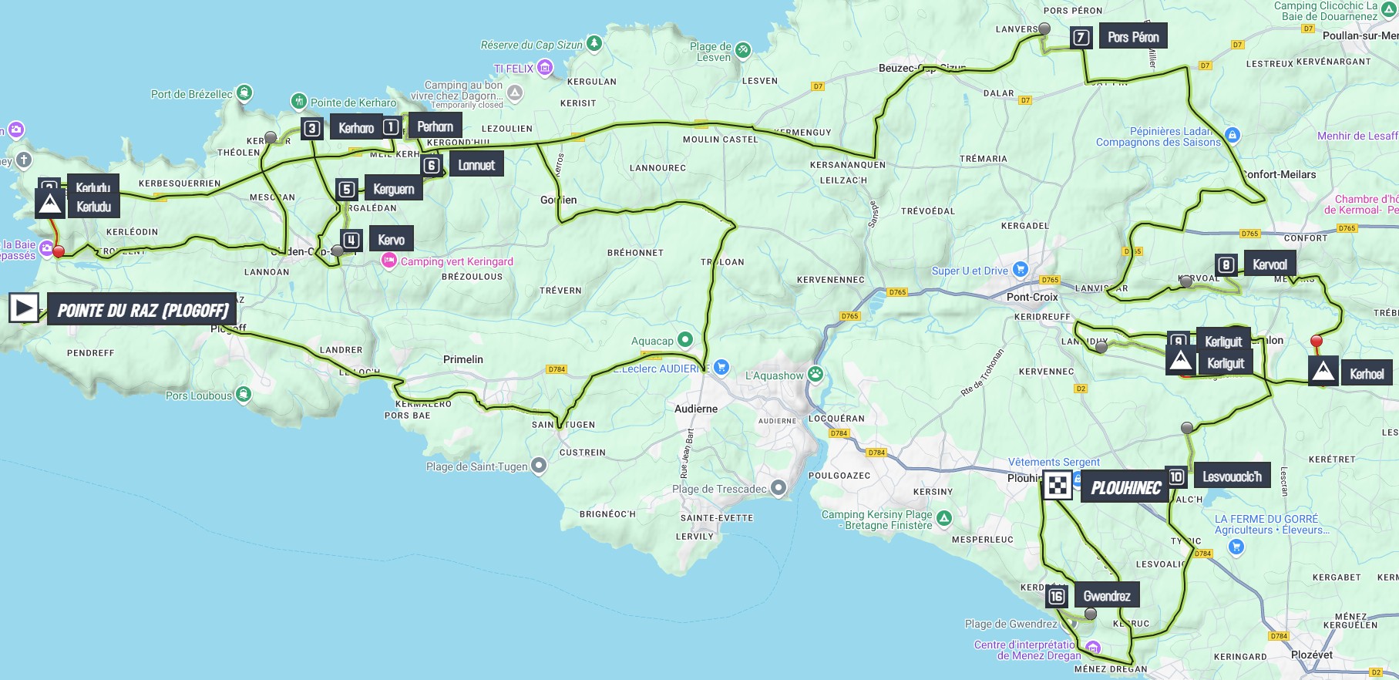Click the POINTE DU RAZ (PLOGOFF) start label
coord(143,310)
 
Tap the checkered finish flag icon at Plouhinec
coord(1058,486)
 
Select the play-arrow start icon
coord(24,308)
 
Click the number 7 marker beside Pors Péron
coord(1081,37)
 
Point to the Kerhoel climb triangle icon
coord(1323,372)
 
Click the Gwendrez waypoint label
coord(1107,596)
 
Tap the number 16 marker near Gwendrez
coord(1057,596)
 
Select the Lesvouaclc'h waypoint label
coord(1232,476)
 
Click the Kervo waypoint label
coord(392,240)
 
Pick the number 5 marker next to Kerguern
coord(347,190)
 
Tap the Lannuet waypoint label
coord(476,165)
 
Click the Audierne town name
coord(696,409)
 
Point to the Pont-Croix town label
coord(1032,297)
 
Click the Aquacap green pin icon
coord(684,340)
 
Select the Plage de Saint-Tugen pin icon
coord(539,465)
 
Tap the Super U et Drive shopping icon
coord(1020,270)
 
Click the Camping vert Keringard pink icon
coord(389,261)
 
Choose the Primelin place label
coord(463,359)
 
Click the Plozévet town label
coord(1311,655)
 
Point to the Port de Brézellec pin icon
coord(244,93)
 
